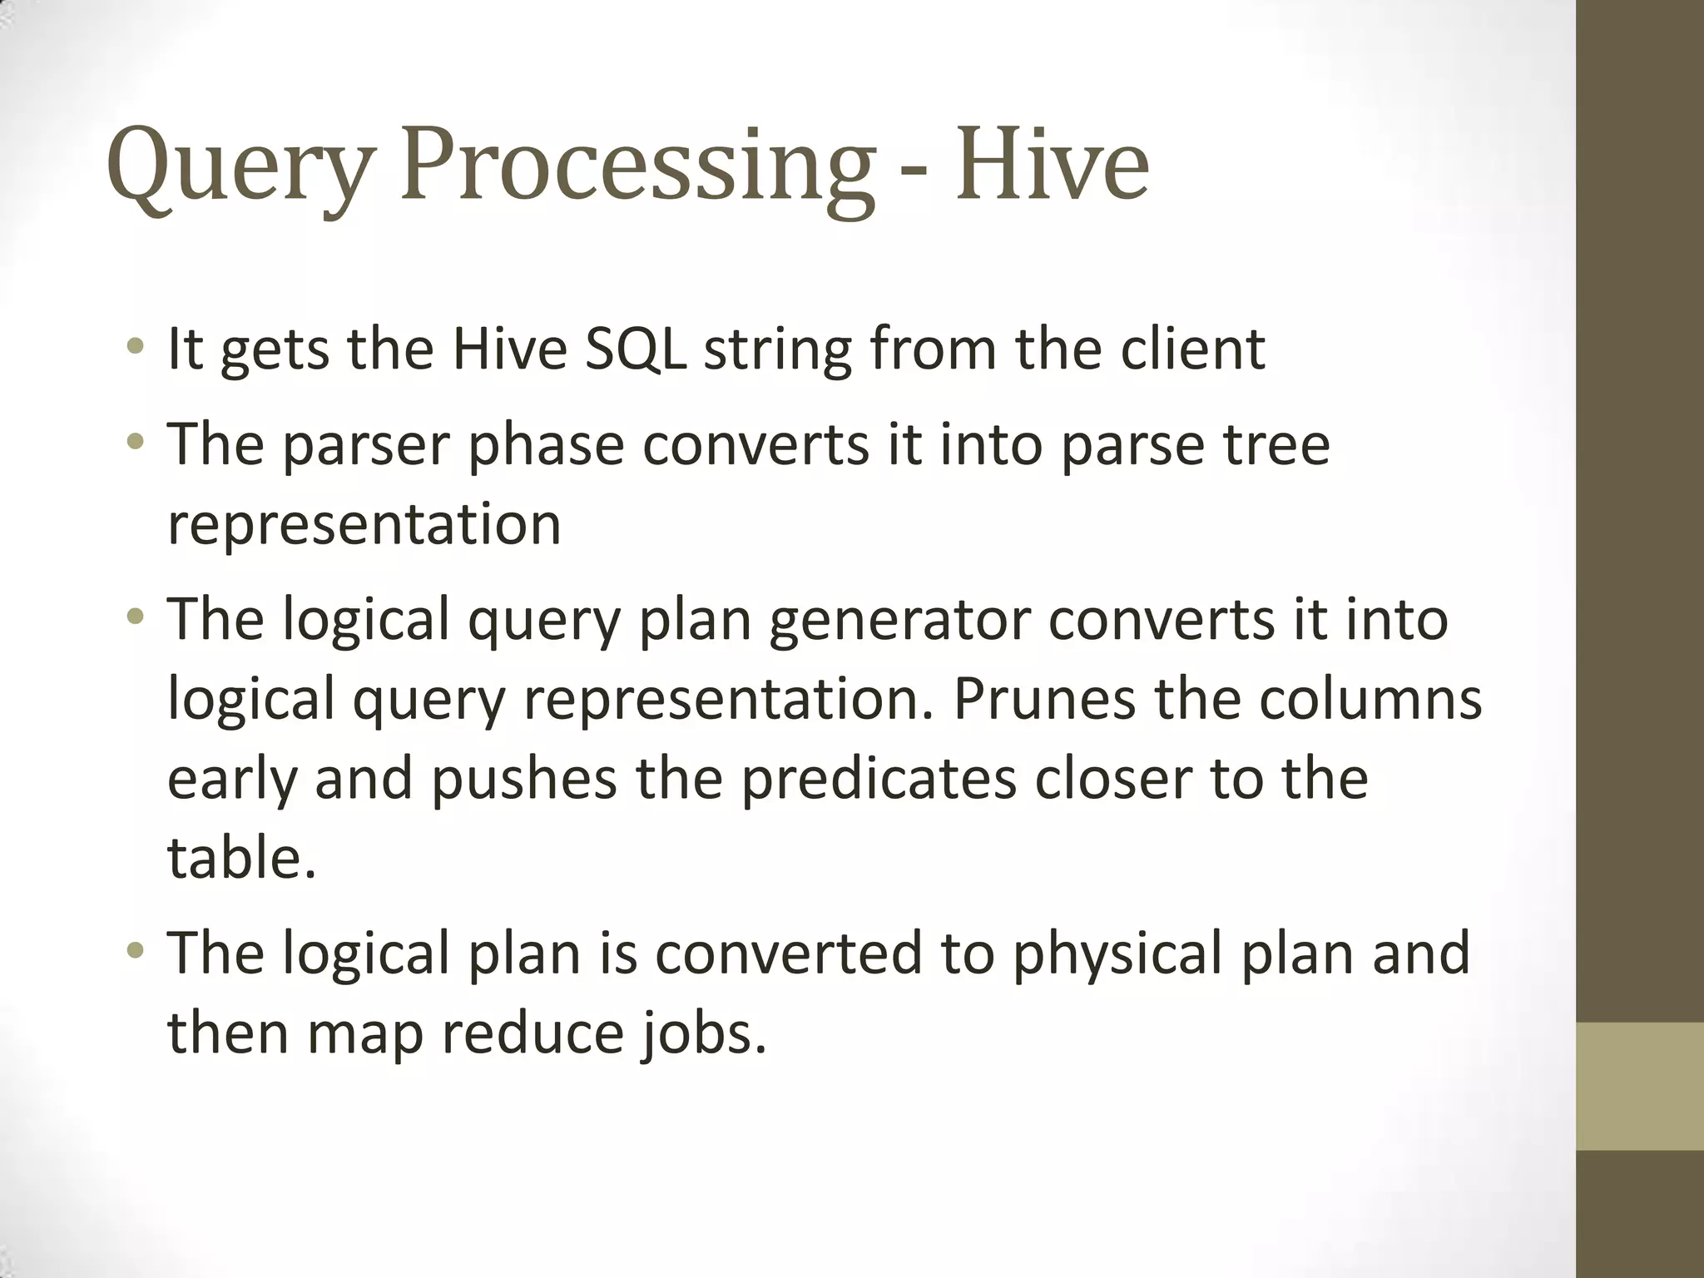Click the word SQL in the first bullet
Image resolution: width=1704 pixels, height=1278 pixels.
point(636,349)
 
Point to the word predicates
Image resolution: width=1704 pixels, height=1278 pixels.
point(879,780)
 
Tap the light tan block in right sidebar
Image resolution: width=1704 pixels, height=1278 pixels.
point(1639,1086)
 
